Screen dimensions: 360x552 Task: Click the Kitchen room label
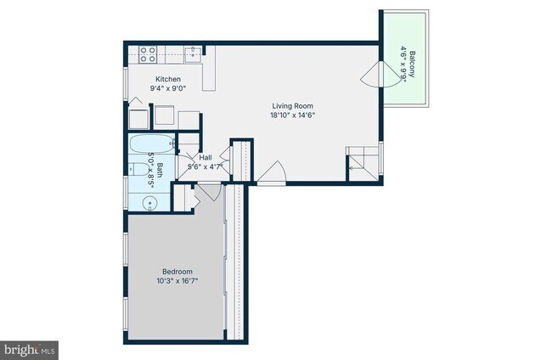pyautogui.click(x=167, y=79)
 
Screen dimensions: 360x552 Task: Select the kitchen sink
pyautogui.click(x=192, y=53)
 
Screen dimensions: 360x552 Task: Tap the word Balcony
pyautogui.click(x=412, y=65)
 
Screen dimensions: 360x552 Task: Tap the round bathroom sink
pyautogui.click(x=150, y=203)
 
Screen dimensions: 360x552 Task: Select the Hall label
pyautogui.click(x=205, y=158)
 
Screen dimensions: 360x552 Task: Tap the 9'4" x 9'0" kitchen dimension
pyautogui.click(x=167, y=87)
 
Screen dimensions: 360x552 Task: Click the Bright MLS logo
pyautogui.click(x=29, y=349)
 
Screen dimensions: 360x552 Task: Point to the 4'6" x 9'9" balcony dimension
pyautogui.click(x=402, y=65)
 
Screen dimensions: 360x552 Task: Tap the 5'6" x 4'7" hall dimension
pyautogui.click(x=205, y=166)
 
